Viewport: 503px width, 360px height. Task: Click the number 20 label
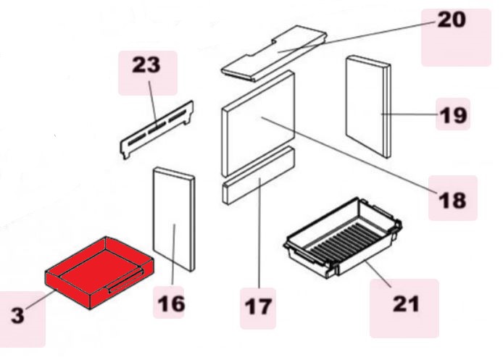click(452, 20)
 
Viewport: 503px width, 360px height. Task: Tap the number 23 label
click(146, 64)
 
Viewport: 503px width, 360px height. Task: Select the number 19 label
click(453, 115)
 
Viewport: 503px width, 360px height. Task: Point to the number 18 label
click(452, 201)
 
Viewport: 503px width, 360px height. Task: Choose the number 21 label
click(406, 304)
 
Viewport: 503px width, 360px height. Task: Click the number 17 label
click(258, 306)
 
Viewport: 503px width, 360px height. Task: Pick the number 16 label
click(171, 304)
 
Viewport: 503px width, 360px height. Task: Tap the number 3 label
click(17, 315)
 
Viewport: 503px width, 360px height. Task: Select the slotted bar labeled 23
click(157, 130)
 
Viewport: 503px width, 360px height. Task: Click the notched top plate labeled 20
click(274, 53)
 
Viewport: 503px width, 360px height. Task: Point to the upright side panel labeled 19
click(368, 106)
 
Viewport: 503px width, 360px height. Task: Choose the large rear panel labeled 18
click(258, 123)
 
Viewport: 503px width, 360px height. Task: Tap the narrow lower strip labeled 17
click(258, 176)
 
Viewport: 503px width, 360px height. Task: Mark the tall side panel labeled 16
click(174, 219)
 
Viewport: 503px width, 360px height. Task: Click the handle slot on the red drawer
click(126, 281)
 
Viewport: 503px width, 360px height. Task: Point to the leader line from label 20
click(358, 36)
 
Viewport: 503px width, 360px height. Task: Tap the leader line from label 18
click(349, 155)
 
